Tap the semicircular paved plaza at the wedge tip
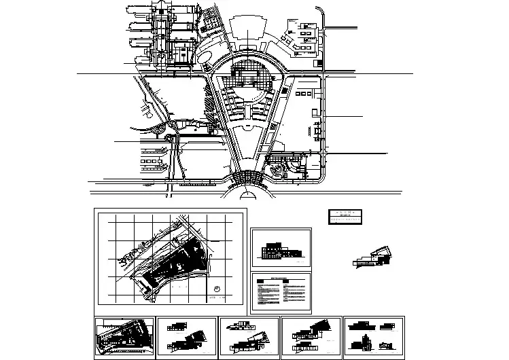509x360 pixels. coord(249,177)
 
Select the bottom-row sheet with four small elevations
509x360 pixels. coord(373,338)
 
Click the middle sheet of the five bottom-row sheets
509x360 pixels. coord(249,338)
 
